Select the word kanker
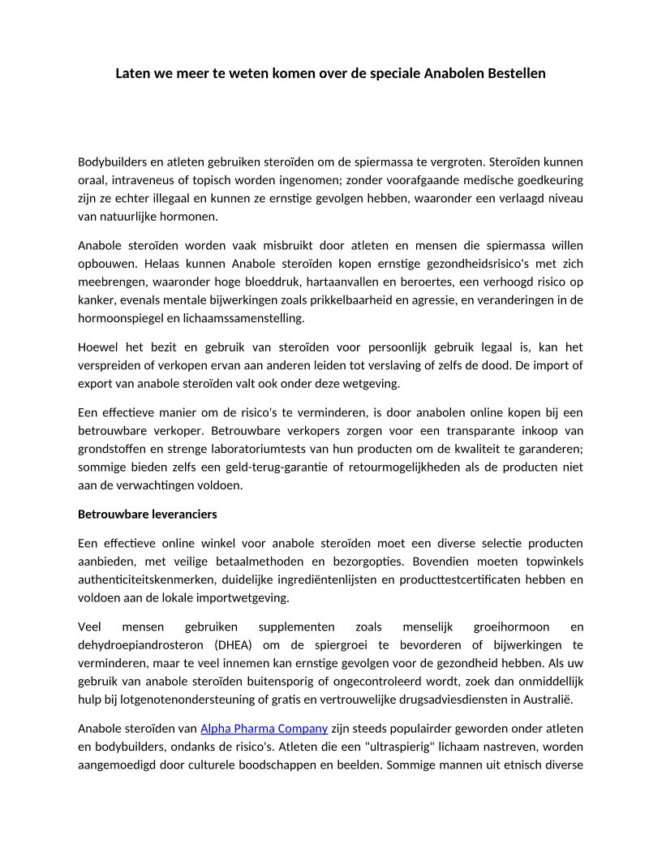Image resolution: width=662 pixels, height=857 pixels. pos(94,300)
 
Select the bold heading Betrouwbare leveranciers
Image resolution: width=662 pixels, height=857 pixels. pos(148,515)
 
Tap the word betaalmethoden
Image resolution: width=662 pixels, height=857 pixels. pos(263,562)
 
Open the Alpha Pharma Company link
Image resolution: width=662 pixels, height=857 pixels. pos(264,728)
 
